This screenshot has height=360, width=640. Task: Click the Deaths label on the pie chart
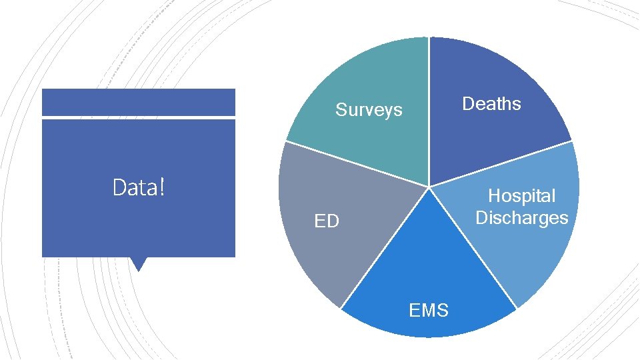tap(491, 104)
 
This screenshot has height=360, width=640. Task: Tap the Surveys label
tap(369, 110)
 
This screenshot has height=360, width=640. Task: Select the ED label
tap(327, 221)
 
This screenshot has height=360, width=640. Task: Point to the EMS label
tap(429, 310)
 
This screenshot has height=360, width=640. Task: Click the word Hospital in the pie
tap(521, 196)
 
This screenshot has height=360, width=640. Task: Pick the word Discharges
tap(521, 218)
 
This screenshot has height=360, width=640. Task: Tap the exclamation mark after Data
tap(162, 188)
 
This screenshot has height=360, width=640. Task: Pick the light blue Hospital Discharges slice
tap(527, 253)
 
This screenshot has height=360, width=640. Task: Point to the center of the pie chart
tap(429, 187)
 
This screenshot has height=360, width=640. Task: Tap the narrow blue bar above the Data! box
tap(139, 102)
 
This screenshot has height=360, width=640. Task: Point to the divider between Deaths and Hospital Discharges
tap(500, 164)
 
